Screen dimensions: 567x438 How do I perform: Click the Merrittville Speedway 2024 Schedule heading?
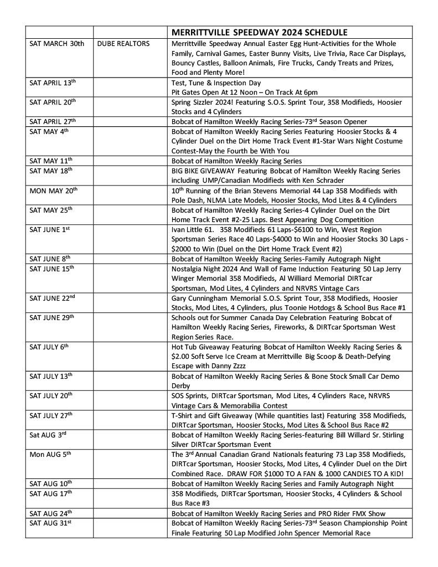coord(259,32)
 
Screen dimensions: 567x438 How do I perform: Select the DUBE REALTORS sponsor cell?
coord(123,44)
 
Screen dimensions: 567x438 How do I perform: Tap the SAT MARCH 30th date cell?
coord(56,44)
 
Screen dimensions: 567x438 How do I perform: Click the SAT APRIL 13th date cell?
coord(52,83)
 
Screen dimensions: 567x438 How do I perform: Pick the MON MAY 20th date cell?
coord(53,190)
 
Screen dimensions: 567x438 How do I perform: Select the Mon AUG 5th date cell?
coord(50,454)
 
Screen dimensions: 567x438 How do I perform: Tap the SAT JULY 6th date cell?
coord(49,347)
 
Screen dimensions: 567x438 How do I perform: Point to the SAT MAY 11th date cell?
coord(51,161)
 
